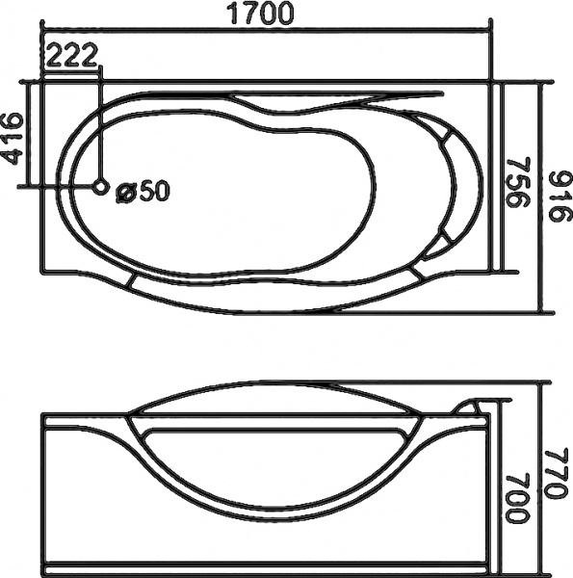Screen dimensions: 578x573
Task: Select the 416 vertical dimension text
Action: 13,140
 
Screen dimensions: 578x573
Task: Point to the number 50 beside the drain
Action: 154,192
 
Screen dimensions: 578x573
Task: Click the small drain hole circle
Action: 101,187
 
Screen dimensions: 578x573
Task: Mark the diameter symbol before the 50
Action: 125,192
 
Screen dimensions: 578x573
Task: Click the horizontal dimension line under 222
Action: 71,69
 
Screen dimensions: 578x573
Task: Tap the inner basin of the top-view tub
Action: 221,193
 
